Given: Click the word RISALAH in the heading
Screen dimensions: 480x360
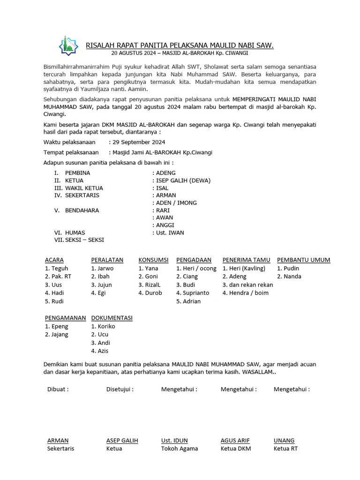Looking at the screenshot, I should (100, 45).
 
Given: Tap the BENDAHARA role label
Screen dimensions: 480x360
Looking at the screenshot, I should (82, 210).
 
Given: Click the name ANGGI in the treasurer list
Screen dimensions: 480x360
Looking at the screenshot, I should (165, 225).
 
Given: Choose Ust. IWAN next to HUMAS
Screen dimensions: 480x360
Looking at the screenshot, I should (170, 232).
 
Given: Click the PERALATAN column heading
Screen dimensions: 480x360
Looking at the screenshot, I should (107, 260).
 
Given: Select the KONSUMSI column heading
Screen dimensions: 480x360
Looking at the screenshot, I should (153, 260).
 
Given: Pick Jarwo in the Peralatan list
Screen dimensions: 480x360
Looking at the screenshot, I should (105, 269).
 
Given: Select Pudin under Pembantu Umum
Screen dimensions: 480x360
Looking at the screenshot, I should (291, 269).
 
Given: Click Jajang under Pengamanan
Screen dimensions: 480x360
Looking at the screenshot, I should (59, 335).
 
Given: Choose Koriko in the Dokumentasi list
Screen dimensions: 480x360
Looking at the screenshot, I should (105, 326).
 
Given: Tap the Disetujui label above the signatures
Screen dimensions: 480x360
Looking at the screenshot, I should (120, 389).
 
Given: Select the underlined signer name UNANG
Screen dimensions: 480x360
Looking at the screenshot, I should (284, 441).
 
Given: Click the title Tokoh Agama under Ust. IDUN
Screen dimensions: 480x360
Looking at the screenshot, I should (180, 449).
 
